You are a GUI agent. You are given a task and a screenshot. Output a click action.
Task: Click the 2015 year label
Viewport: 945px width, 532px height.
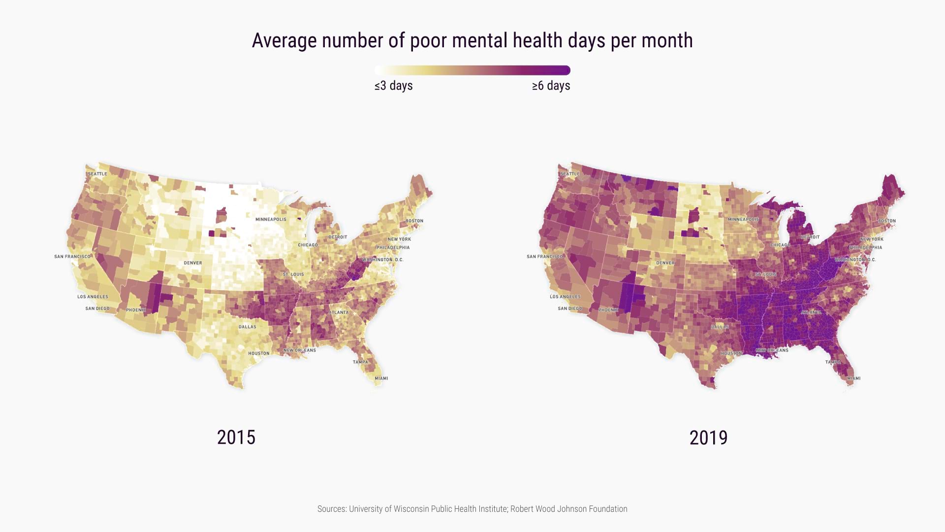coord(236,437)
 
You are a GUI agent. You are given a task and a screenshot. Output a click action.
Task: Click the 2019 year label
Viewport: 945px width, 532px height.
coord(708,437)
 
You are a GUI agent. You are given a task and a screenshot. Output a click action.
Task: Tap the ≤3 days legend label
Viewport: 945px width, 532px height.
coord(393,86)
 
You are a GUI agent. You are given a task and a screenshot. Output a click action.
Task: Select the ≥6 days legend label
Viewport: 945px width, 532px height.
coord(551,86)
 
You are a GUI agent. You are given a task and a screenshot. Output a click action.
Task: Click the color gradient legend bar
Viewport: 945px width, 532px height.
coord(472,70)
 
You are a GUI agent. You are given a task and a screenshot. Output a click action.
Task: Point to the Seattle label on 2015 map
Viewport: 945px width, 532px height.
coord(97,174)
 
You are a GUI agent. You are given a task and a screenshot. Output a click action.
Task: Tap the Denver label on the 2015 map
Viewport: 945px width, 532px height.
coord(193,263)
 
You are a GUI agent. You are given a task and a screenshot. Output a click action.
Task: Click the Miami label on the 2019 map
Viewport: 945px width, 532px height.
coord(853,378)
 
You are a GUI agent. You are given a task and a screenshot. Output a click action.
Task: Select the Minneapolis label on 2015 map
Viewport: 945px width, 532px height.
coord(271,219)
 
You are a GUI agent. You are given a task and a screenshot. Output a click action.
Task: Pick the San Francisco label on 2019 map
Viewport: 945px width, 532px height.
coord(545,257)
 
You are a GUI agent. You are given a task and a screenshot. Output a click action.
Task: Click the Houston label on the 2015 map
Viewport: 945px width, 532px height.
coord(259,353)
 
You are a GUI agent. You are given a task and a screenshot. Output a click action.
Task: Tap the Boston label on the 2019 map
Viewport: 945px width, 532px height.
coord(886,221)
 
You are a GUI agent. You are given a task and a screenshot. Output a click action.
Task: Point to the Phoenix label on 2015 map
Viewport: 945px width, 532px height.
coord(136,310)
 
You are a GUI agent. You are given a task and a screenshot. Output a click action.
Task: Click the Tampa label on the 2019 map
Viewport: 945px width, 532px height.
coord(833,362)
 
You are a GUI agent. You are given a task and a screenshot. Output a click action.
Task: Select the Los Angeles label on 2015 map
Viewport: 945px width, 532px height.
coord(93,297)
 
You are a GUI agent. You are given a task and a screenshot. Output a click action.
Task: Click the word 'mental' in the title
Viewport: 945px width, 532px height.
coord(480,40)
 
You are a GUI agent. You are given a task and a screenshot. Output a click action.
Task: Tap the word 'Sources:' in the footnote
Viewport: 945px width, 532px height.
coord(332,509)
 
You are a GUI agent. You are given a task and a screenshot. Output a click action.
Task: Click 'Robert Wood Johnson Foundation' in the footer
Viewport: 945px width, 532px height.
coord(568,509)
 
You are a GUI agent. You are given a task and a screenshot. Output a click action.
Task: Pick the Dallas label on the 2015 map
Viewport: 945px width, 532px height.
coord(248,327)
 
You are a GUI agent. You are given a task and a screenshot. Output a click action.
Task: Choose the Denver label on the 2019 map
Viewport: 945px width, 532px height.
coord(665,263)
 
